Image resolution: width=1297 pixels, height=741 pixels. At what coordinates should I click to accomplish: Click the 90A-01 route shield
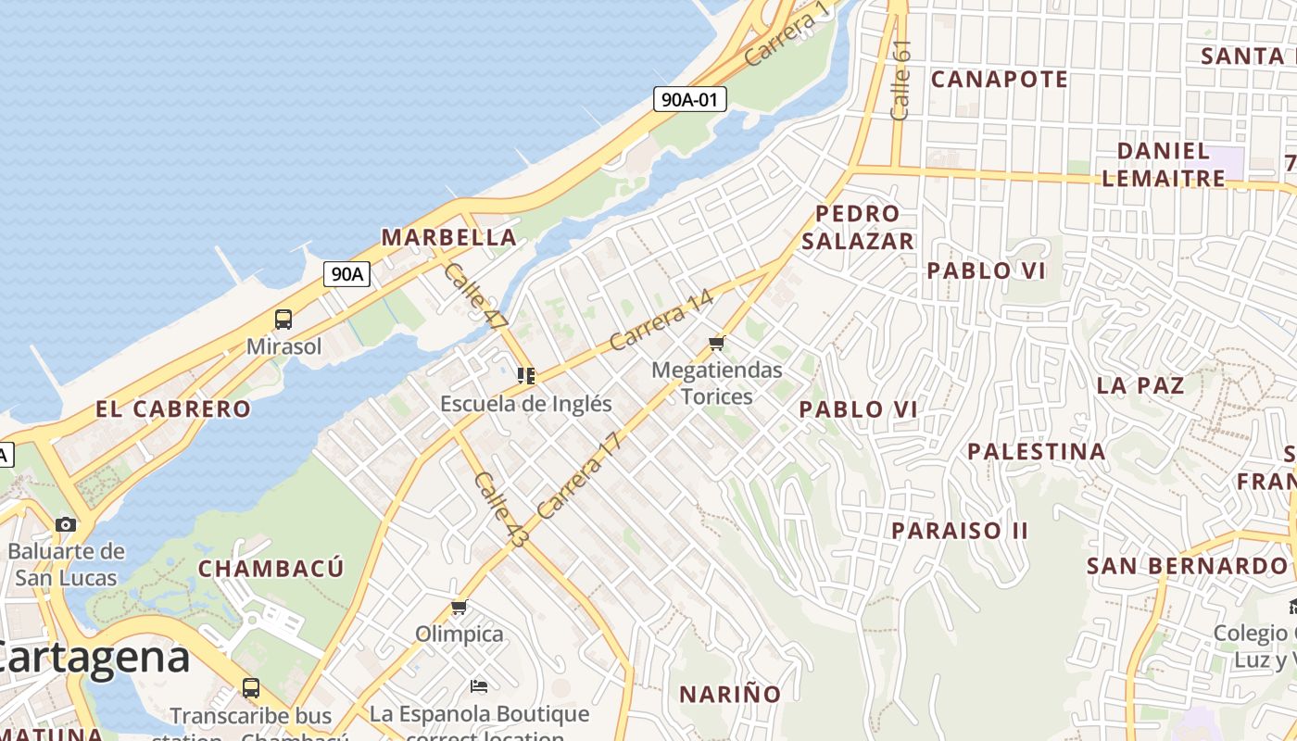pos(689,99)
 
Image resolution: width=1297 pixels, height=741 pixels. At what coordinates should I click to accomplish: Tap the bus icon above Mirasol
pos(283,320)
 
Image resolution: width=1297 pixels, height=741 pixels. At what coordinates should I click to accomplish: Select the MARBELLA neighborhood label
pos(448,237)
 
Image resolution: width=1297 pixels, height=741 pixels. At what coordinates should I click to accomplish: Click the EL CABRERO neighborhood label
pos(173,408)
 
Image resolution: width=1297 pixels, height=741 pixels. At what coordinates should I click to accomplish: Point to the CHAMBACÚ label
pos(271,568)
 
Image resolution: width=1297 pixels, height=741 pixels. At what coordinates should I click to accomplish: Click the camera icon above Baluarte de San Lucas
pos(65,524)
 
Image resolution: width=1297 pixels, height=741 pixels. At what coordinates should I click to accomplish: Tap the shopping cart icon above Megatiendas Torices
pos(716,344)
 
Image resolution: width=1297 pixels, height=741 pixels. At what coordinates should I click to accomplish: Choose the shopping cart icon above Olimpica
pos(459,608)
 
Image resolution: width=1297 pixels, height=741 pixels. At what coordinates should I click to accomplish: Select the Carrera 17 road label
pos(577,475)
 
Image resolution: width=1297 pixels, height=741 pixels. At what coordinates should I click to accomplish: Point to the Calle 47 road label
pos(476,297)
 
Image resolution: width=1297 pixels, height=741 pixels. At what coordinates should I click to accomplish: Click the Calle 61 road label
pos(900,80)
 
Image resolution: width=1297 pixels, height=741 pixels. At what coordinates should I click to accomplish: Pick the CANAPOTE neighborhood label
pos(999,80)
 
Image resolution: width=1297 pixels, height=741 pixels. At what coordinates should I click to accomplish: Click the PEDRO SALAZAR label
pos(857,227)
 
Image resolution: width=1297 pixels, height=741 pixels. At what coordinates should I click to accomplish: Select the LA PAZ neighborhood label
pos(1140,385)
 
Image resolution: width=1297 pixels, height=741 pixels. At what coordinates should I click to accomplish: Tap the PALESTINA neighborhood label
pos(1036,452)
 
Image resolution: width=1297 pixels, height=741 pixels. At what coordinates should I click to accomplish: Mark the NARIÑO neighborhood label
pos(730,694)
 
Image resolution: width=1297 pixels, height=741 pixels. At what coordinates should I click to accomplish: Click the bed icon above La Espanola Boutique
pos(478,686)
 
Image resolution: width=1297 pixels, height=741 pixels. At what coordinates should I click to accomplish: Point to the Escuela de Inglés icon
pos(526,376)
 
